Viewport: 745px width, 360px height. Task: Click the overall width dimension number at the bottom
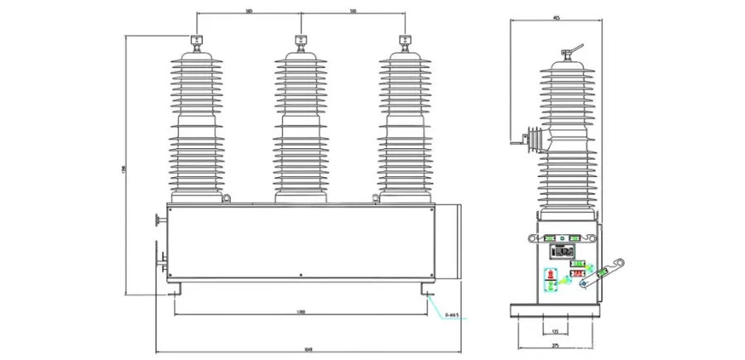[x=308, y=348]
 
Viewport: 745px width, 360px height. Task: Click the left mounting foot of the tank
[x=175, y=291]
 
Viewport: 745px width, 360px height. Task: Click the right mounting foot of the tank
[x=426, y=291]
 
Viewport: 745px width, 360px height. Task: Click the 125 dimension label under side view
[x=555, y=332]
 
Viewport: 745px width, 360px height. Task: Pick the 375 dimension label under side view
[x=555, y=347]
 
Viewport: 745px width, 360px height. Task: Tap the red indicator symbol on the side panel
[x=550, y=273]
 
